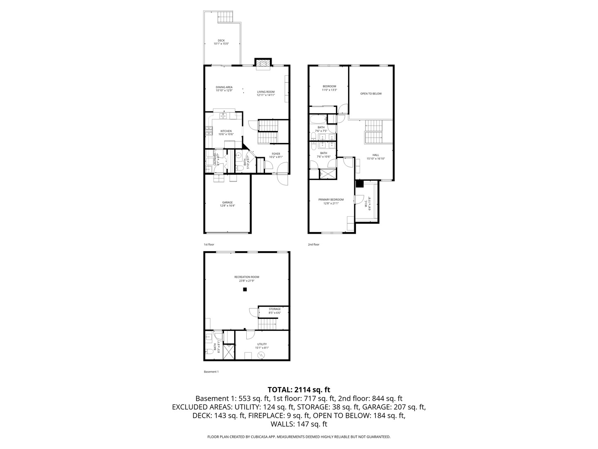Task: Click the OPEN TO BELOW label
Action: [x=371, y=94]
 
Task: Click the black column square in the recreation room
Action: [x=245, y=289]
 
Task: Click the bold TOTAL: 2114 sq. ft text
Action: [x=299, y=390]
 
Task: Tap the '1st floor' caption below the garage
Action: [x=208, y=244]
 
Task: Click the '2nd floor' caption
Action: [x=314, y=244]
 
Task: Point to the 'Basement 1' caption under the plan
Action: [x=211, y=372]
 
